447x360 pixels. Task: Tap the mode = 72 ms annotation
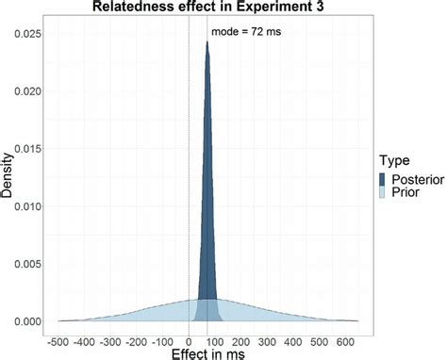[245, 32]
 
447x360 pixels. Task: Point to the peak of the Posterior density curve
[207, 42]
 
